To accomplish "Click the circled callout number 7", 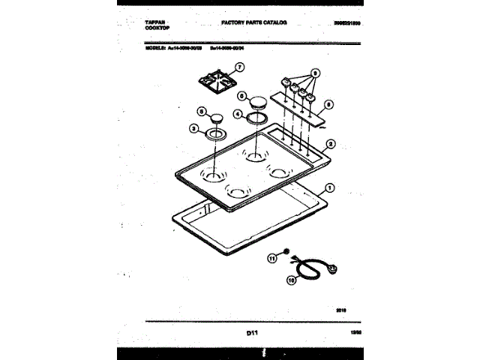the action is (239, 67).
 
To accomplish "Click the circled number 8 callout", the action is (328, 105).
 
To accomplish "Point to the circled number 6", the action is (242, 96).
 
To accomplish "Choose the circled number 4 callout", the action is (237, 115).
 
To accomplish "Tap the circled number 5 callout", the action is (200, 111).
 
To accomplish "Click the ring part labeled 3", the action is (216, 133).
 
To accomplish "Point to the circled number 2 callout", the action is (331, 143).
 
